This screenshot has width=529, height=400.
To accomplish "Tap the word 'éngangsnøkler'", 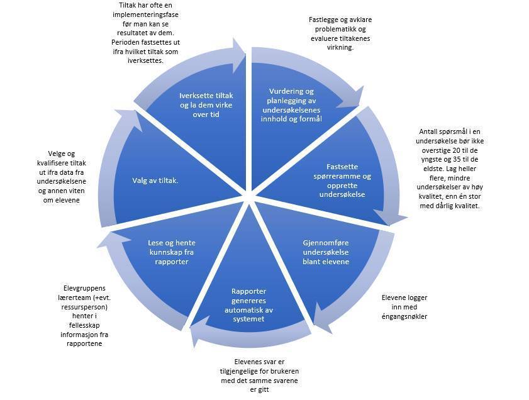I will pyautogui.click(x=405, y=316).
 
